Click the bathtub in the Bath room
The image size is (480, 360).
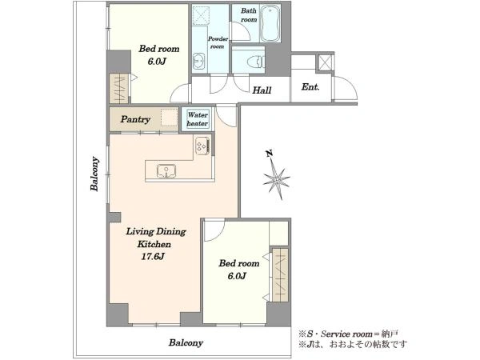[x=270, y=23]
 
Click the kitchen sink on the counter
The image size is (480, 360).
[x=166, y=171]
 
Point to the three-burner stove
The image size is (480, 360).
[x=202, y=145]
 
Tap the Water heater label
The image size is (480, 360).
[x=198, y=119]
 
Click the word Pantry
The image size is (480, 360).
[x=135, y=119]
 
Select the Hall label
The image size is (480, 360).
[x=262, y=90]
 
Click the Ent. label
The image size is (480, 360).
[x=310, y=87]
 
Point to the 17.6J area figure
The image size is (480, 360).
[x=153, y=257]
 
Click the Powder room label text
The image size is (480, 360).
[x=218, y=42]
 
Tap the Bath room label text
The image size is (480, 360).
[x=249, y=15]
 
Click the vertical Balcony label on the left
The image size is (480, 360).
[x=95, y=174]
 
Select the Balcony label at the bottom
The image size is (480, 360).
[x=186, y=342]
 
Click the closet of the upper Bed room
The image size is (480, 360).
[x=119, y=89]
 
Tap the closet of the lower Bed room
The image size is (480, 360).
[x=280, y=275]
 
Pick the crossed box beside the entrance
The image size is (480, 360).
[x=325, y=62]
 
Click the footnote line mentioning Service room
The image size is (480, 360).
[x=349, y=334]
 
